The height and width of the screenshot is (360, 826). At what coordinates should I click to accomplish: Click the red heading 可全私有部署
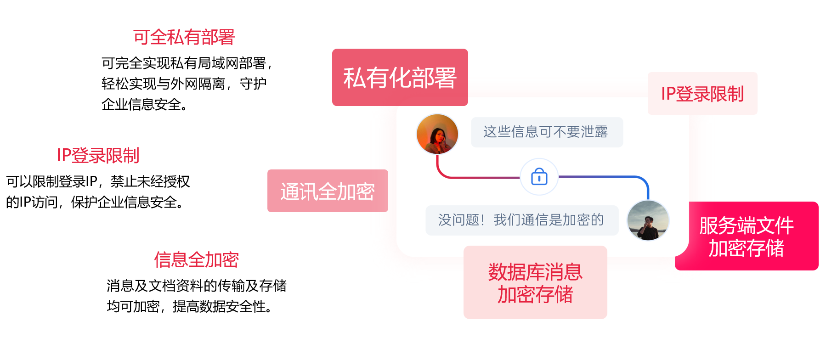184,37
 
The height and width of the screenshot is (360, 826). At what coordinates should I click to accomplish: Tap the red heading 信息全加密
196,259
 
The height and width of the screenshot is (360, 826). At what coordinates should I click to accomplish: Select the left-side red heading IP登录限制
98,156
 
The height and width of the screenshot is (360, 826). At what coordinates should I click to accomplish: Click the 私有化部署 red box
400,77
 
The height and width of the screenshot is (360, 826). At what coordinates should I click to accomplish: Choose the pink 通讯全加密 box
328,191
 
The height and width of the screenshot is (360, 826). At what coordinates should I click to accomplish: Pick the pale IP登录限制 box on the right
702,93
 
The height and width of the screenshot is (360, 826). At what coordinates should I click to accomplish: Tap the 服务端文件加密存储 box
747,236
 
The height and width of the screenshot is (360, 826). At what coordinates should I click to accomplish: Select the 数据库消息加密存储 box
535,282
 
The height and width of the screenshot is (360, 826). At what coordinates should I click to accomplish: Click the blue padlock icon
539,177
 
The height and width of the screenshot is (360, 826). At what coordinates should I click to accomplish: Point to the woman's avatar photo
437,134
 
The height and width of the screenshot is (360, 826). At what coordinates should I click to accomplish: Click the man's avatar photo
648,220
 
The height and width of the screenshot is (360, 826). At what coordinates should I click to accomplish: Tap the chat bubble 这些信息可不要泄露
547,132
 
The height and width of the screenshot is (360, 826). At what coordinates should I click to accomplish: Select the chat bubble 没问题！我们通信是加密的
522,220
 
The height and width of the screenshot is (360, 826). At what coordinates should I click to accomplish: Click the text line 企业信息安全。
144,105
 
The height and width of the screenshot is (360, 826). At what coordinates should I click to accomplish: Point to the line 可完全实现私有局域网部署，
187,63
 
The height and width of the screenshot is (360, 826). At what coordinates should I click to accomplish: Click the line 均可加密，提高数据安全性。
189,306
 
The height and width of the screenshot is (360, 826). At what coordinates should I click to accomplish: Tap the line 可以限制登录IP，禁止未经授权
98,181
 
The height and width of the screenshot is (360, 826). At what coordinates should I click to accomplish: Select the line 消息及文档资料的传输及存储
197,286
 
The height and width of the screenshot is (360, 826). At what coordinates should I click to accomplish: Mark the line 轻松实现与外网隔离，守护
184,84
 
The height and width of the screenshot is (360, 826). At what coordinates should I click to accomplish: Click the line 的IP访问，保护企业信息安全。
95,202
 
